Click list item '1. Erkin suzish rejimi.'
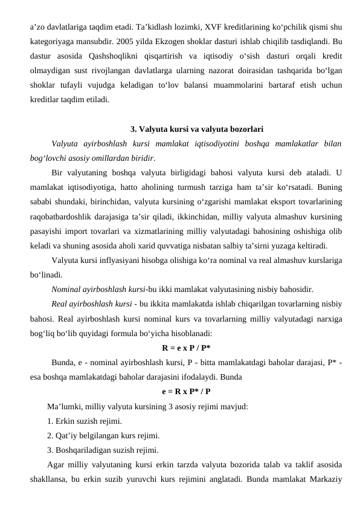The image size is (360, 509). [x=85, y=421]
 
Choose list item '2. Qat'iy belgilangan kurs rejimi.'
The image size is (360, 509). [x=103, y=435]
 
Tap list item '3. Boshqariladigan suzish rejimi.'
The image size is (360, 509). [x=103, y=450]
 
